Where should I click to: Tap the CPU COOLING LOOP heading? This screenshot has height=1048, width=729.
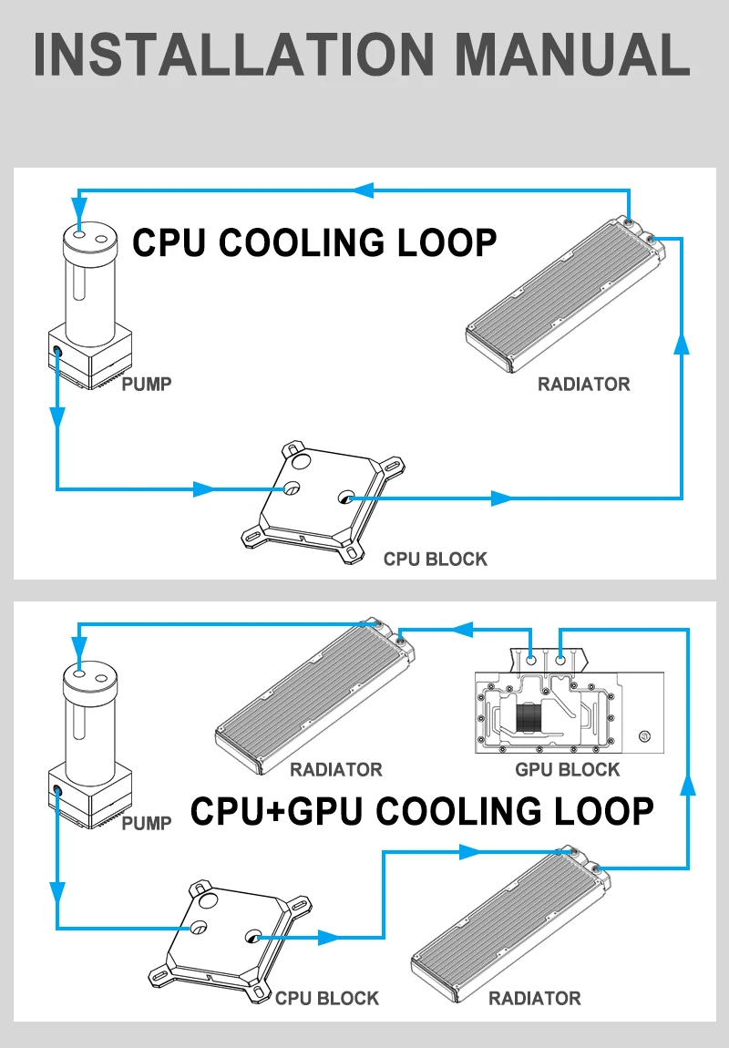click(315, 243)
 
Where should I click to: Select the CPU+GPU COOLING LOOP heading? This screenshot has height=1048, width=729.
click(422, 810)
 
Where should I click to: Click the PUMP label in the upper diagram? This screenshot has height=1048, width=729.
click(147, 384)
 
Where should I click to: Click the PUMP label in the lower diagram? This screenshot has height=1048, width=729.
click(147, 824)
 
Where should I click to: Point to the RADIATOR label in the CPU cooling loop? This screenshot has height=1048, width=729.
click(583, 384)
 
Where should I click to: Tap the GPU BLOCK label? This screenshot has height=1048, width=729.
click(567, 769)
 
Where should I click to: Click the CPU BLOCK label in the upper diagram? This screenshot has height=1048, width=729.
click(435, 559)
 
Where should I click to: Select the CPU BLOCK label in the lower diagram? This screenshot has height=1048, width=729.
click(326, 998)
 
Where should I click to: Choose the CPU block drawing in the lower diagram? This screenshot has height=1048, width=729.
click(223, 939)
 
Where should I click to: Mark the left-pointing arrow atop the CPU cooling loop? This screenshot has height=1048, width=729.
click(364, 190)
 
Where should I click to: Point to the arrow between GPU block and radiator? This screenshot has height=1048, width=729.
click(463, 629)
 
